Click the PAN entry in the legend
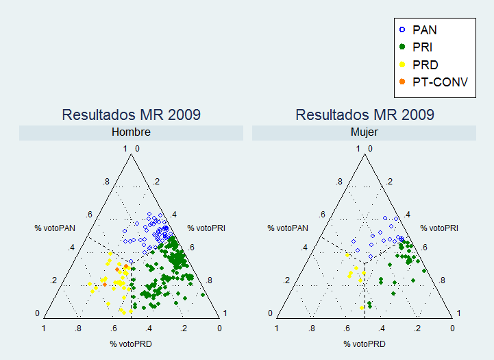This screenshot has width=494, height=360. tap(425, 30)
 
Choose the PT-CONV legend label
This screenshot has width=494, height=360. tap(440, 82)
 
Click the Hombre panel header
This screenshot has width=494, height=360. tap(132, 132)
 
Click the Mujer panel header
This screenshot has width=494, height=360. tap(364, 132)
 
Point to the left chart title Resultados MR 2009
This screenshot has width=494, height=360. tap(132, 115)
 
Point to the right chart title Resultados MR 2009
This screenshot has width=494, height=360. tap(364, 115)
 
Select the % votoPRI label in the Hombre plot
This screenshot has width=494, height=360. tap(206, 228)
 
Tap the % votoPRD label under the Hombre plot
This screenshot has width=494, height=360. tap(132, 344)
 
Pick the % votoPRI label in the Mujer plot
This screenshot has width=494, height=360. tap(439, 228)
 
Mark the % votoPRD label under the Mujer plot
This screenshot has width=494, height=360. tap(364, 344)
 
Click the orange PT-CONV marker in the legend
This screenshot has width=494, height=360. tap(402, 82)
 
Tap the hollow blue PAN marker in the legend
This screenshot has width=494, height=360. tap(402, 30)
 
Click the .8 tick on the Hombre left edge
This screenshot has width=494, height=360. tap(106, 182)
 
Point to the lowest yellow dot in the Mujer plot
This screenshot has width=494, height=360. tap(362, 308)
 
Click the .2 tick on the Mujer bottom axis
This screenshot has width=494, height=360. tap(417, 329)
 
